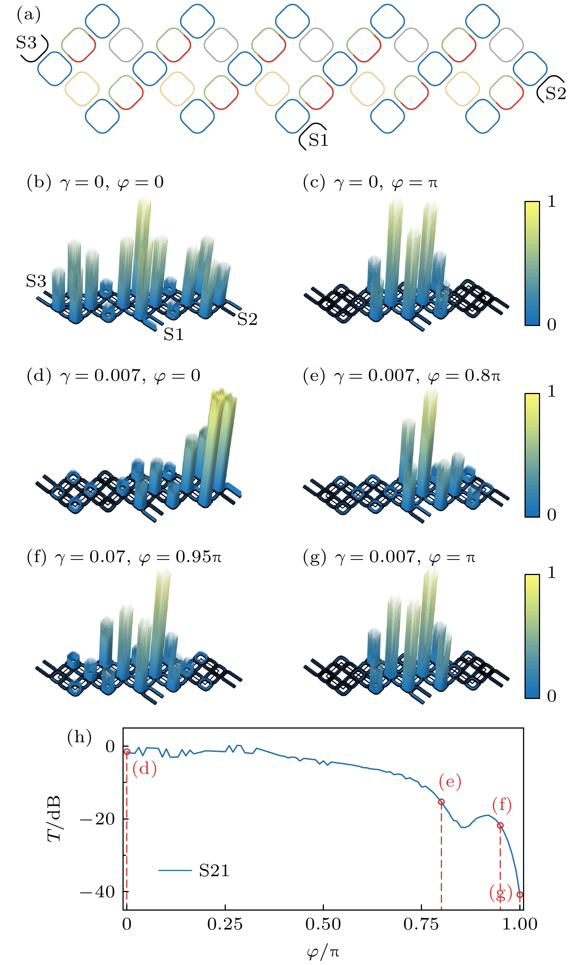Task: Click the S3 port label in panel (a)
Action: click(26, 42)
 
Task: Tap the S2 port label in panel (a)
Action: click(555, 93)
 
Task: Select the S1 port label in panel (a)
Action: click(318, 140)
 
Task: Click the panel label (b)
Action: click(39, 182)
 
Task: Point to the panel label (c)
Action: click(314, 182)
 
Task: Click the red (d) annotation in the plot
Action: click(144, 769)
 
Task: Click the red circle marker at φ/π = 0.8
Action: click(441, 802)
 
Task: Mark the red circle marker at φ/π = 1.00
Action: click(520, 894)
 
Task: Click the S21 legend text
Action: click(214, 871)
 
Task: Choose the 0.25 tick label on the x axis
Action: click(225, 924)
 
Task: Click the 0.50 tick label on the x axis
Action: click(323, 924)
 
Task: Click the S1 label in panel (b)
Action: click(174, 334)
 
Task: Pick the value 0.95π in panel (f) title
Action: click(198, 557)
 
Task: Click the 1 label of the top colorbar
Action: click(551, 201)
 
